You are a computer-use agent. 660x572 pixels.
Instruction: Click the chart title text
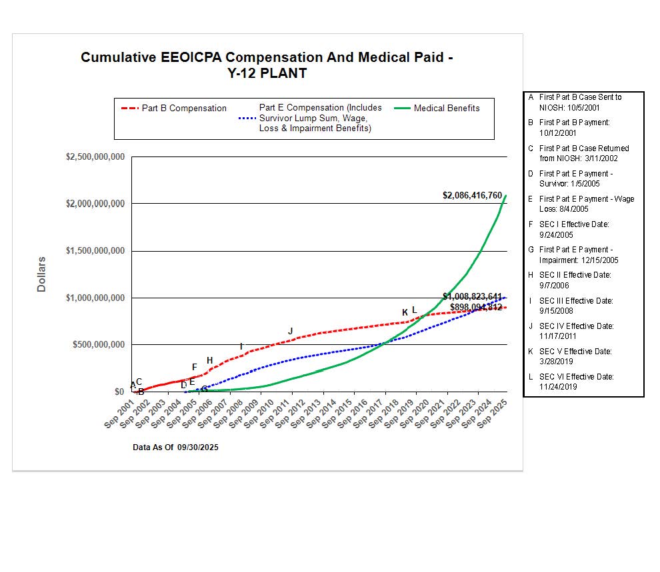267,65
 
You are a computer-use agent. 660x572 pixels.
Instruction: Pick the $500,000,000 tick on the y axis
97,345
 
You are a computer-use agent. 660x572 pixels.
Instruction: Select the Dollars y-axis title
41,274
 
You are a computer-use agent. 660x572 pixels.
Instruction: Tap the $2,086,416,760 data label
472,195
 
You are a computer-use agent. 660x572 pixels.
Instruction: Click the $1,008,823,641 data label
472,296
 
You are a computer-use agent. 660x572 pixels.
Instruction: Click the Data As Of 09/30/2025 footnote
175,447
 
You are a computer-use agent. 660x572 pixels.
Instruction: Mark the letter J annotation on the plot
290,331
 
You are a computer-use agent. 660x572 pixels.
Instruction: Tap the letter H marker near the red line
209,360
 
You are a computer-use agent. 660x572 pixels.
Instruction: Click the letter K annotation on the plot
405,312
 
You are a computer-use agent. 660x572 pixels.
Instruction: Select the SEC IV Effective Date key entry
576,331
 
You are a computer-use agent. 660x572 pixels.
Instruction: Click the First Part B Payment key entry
575,127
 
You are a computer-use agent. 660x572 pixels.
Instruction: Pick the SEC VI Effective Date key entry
576,382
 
